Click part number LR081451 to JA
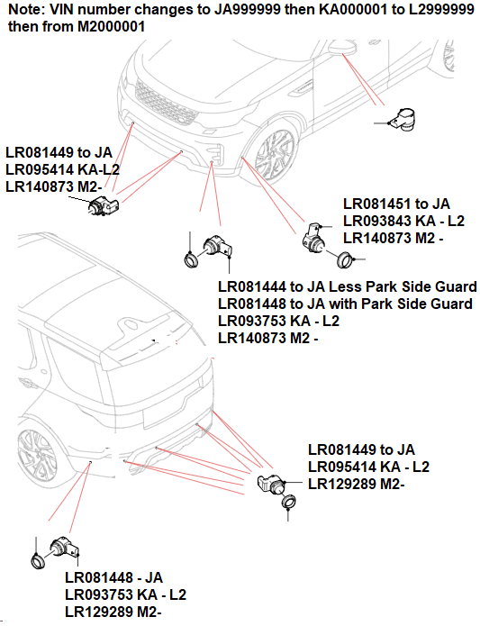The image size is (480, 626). [x=396, y=205]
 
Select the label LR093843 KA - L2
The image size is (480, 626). [x=403, y=222]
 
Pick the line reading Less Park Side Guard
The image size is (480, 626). [x=348, y=287]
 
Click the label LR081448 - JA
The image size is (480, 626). [x=113, y=577]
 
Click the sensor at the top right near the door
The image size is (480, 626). [x=402, y=119]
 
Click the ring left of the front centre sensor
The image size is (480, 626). [x=190, y=259]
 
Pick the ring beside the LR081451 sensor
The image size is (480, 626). [x=342, y=260]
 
